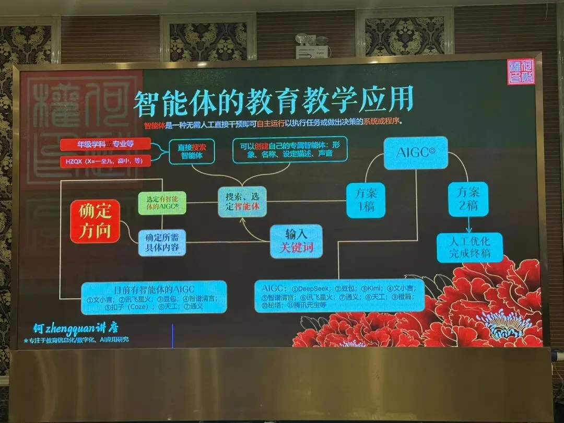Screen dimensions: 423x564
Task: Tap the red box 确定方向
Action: point(95,222)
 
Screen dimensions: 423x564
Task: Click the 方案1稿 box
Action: point(366,199)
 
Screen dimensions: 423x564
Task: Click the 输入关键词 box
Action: point(296,241)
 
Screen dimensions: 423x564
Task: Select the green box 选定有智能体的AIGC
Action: point(162,204)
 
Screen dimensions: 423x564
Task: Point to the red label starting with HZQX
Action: point(105,160)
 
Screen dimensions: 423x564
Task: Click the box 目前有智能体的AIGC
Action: point(154,297)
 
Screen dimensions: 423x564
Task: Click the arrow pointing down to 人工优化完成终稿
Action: point(468,225)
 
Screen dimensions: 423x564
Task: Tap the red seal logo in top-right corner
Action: point(521,72)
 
